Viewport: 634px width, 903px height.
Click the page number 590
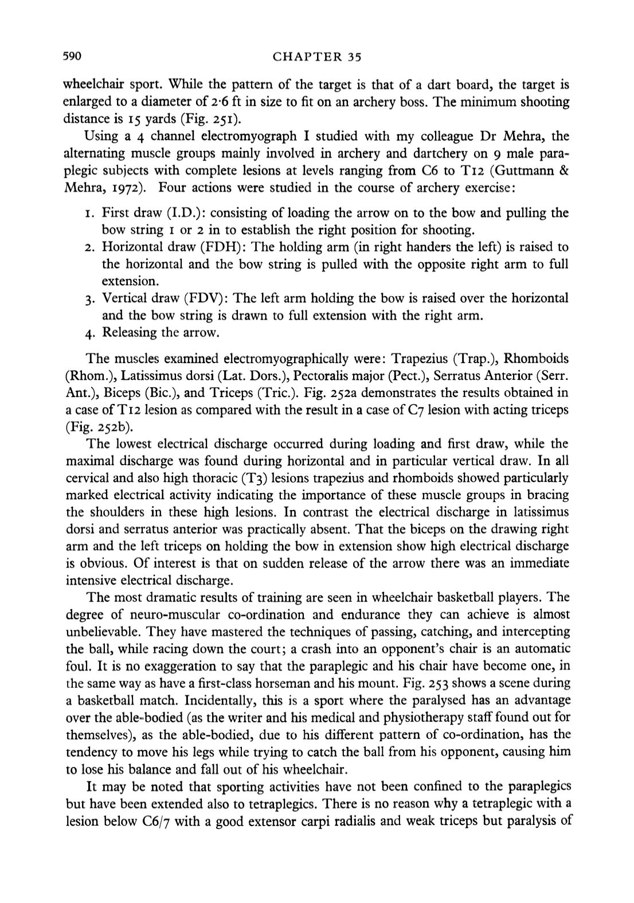pyautogui.click(x=73, y=56)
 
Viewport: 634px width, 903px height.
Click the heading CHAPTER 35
pyautogui.click(x=316, y=57)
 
